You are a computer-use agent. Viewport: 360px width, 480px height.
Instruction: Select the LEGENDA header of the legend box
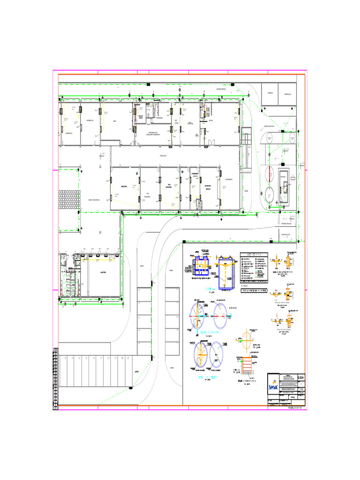(x=253, y=255)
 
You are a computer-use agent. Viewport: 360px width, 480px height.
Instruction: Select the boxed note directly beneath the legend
(x=253, y=290)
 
